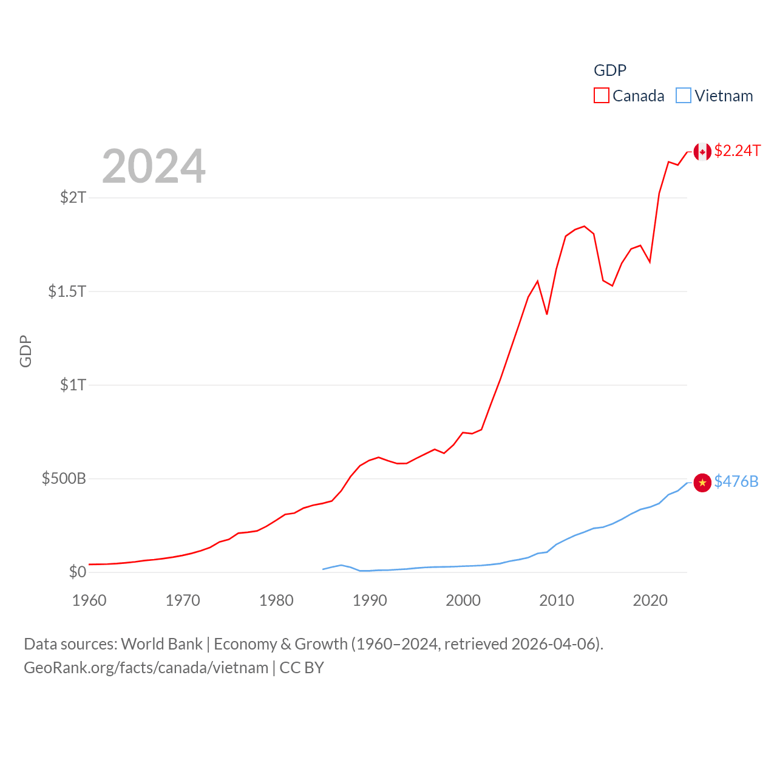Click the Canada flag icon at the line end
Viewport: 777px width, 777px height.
tap(702, 152)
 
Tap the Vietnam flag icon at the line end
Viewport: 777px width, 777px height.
tap(702, 483)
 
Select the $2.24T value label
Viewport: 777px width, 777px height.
tap(737, 151)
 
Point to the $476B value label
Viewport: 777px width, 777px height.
tap(736, 481)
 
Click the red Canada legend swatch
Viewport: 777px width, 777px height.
tap(601, 96)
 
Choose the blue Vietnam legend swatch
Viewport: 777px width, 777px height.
tap(684, 96)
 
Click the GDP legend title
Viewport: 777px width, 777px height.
tap(609, 70)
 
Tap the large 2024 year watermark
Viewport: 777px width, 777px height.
tap(154, 166)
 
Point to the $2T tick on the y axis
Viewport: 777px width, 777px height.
tap(73, 197)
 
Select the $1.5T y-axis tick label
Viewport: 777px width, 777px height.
tap(67, 291)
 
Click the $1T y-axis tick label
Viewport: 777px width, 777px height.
tap(73, 385)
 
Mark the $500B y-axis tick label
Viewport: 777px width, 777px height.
tap(64, 478)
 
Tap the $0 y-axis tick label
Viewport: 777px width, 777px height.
tap(78, 572)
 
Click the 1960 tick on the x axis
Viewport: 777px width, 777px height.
tap(89, 600)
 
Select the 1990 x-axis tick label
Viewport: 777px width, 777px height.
tap(370, 600)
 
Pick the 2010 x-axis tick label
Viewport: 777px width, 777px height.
tap(557, 600)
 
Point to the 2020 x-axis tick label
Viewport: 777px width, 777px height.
tap(650, 600)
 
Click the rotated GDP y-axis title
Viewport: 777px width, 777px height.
tap(25, 351)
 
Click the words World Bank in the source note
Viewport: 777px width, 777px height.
tap(161, 644)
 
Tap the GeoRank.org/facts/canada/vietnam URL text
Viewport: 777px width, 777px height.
tap(146, 668)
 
